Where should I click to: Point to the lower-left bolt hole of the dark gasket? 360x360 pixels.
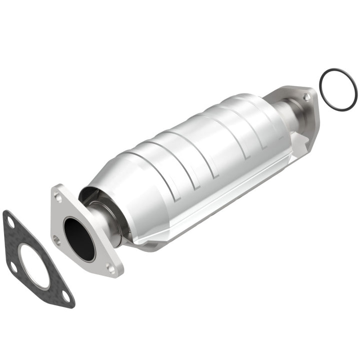tap(13, 265)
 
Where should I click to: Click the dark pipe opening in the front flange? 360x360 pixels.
tap(79, 237)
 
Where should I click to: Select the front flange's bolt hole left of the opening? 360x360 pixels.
tap(56, 240)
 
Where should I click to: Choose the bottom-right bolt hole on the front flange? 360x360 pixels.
tap(111, 269)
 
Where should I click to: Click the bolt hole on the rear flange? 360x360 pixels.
tap(306, 97)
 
